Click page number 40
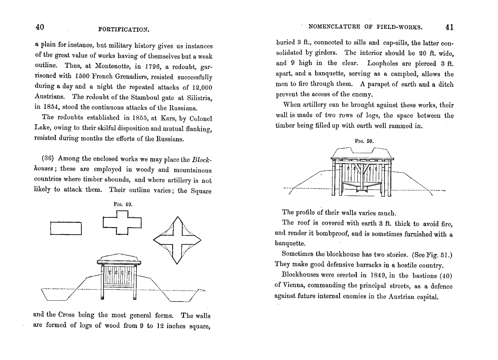coord(39,27)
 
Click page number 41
coord(449,27)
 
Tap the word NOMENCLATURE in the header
coord(335,27)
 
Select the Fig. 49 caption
coord(123,205)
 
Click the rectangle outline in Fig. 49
coord(66,228)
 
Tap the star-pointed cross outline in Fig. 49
coord(177,240)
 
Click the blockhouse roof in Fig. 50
coord(362,153)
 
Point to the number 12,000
coord(197,87)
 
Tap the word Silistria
coord(197,97)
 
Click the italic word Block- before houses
coord(204,159)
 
